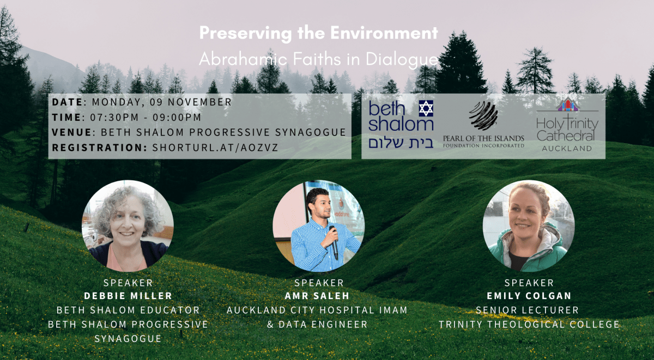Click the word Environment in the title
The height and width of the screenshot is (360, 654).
pos(384,33)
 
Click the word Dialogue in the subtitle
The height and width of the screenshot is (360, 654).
pos(402,60)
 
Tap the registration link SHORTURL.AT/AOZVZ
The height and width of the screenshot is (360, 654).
pos(215,148)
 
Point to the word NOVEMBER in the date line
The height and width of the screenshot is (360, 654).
pos(199,102)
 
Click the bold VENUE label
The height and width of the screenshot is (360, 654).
pos(72,132)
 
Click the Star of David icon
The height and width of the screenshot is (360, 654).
pos(426,108)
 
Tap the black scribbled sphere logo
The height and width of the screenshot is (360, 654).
pos(483,115)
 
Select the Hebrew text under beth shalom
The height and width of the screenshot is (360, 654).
pos(401,143)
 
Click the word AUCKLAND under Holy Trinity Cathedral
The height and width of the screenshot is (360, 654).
pos(567,149)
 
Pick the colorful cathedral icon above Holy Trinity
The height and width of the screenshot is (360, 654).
pos(568,105)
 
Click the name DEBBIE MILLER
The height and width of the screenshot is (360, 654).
pos(128,296)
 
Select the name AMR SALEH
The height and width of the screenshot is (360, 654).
pos(317,296)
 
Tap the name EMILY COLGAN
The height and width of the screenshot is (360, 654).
pos(529,296)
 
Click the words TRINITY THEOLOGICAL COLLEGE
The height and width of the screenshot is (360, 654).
pos(529,325)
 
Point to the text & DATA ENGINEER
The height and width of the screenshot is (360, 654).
pos(317,325)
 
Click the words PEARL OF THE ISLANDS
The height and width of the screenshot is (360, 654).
pos(483,138)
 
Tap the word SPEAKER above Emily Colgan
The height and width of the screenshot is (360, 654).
pos(529,283)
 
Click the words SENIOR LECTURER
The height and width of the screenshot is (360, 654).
pos(528,310)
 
